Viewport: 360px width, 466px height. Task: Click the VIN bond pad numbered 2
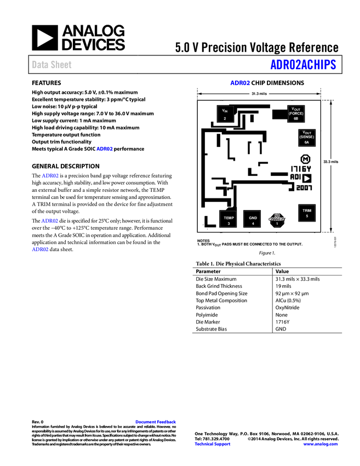pyautogui.click(x=225, y=112)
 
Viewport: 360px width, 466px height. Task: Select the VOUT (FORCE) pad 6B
pyautogui.click(x=296, y=113)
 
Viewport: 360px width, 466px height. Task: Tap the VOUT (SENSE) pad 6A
pyautogui.click(x=306, y=137)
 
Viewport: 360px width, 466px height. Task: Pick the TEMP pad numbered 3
pyautogui.click(x=228, y=219)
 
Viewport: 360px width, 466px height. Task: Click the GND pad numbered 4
pyautogui.click(x=253, y=219)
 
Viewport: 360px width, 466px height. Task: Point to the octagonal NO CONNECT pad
pyautogui.click(x=277, y=219)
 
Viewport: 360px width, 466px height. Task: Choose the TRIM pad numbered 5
pyautogui.click(x=306, y=213)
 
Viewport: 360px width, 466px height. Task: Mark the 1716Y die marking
pyautogui.click(x=301, y=169)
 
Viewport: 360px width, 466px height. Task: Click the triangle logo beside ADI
pyautogui.click(x=307, y=178)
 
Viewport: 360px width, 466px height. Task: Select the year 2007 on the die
pyautogui.click(x=304, y=187)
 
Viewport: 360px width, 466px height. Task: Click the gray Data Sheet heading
pyautogui.click(x=52, y=65)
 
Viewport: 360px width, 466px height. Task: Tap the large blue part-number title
pyautogui.click(x=302, y=65)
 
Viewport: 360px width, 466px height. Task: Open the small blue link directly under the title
pyautogui.click(x=239, y=83)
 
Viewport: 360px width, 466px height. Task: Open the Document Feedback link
pyautogui.click(x=156, y=422)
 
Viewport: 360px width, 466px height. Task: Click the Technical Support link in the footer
pyautogui.click(x=213, y=444)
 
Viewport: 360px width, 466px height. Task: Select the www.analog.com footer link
pyautogui.click(x=321, y=444)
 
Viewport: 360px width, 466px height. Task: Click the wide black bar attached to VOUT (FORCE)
pyautogui.click(x=279, y=114)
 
